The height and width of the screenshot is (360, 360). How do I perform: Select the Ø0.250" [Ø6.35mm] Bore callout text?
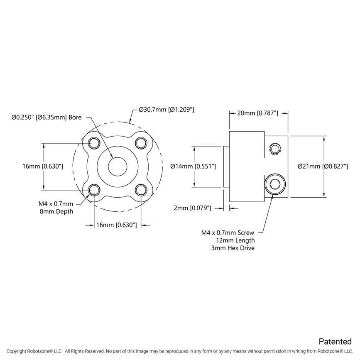[x=46, y=117]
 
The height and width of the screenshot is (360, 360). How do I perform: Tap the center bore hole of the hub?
[x=118, y=167]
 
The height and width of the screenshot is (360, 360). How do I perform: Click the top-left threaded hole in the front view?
[x=95, y=143]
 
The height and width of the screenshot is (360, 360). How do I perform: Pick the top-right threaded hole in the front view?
[x=141, y=143]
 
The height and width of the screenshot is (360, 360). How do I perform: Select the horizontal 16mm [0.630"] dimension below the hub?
[x=117, y=225]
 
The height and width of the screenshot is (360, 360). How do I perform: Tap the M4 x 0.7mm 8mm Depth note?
[x=56, y=208]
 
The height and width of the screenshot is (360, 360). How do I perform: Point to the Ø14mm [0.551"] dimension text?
[x=193, y=166]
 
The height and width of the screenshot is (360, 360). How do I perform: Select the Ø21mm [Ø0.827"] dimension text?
[x=323, y=166]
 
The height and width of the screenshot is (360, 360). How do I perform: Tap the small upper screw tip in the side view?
[x=275, y=149]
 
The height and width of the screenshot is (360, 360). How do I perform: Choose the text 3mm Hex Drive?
[x=233, y=248]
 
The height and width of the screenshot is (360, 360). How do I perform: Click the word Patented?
[x=335, y=341]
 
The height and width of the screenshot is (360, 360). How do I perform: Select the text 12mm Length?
[x=235, y=240]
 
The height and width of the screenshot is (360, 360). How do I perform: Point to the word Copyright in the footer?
[x=17, y=351]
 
